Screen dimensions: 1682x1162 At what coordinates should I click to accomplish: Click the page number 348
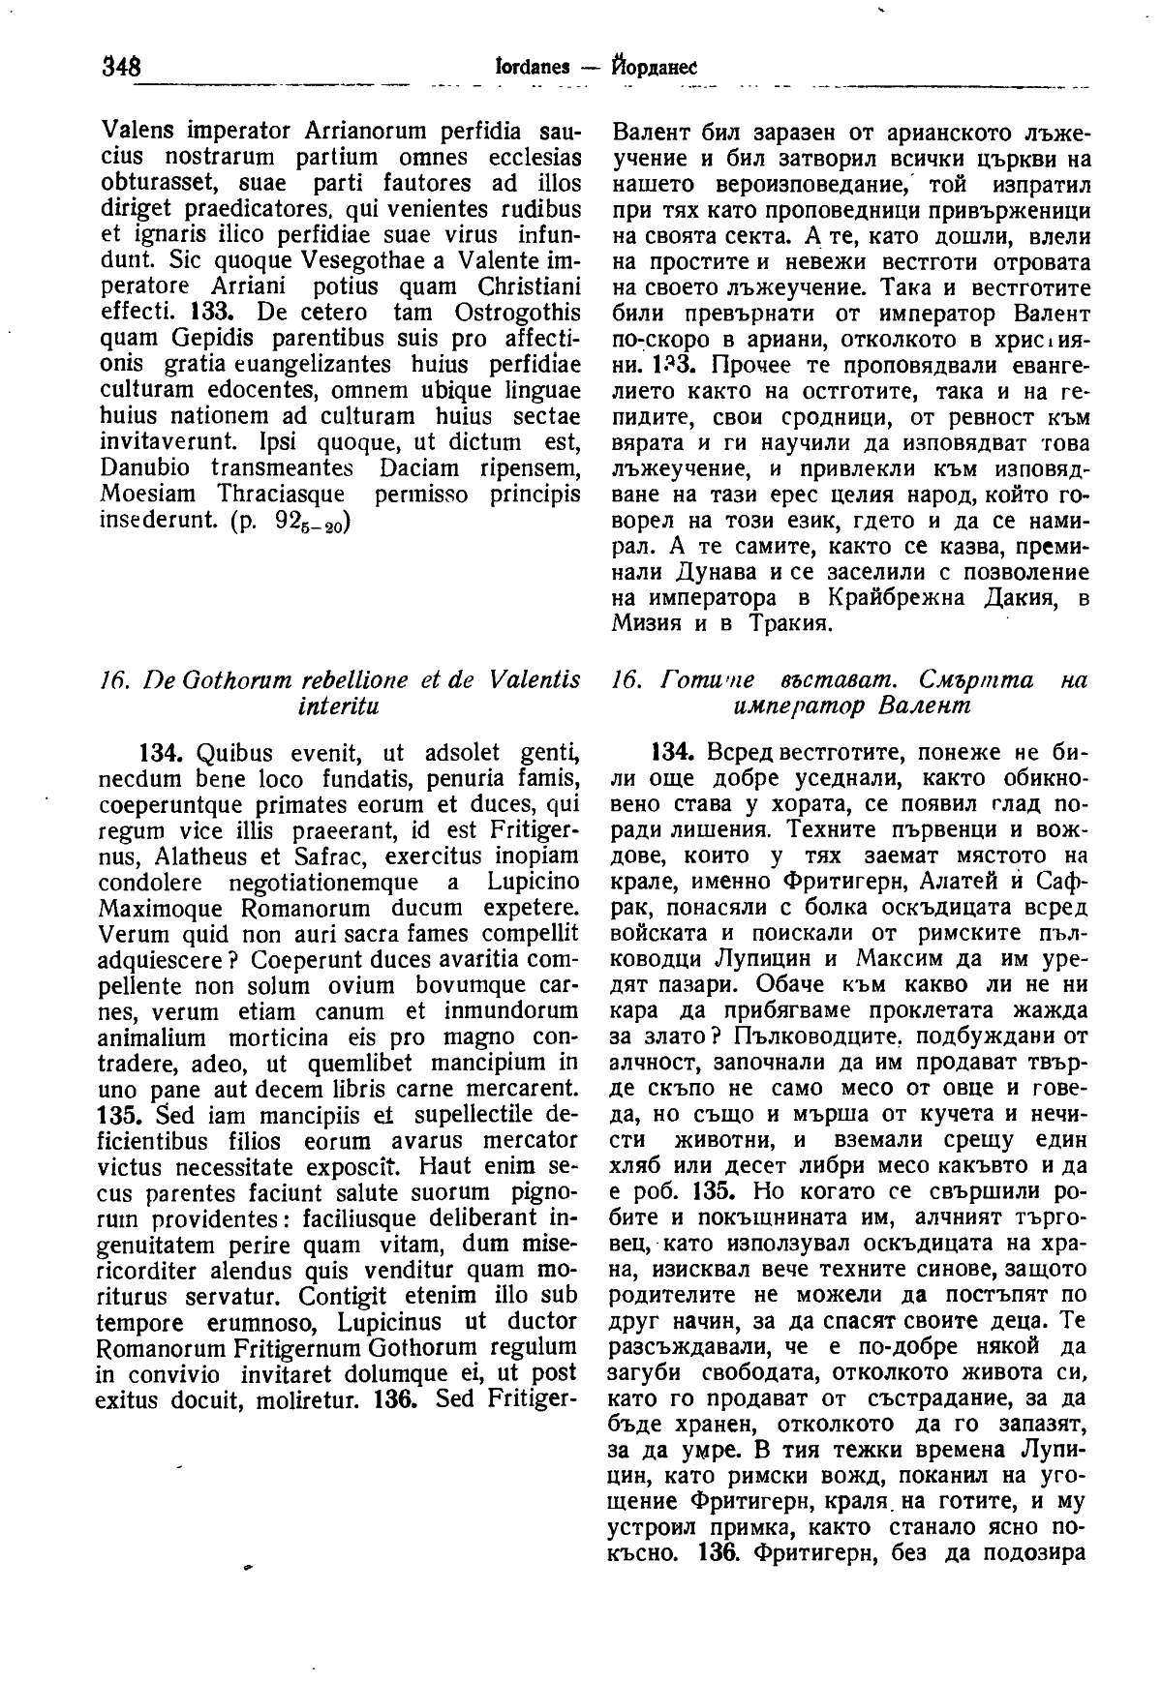(121, 67)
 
